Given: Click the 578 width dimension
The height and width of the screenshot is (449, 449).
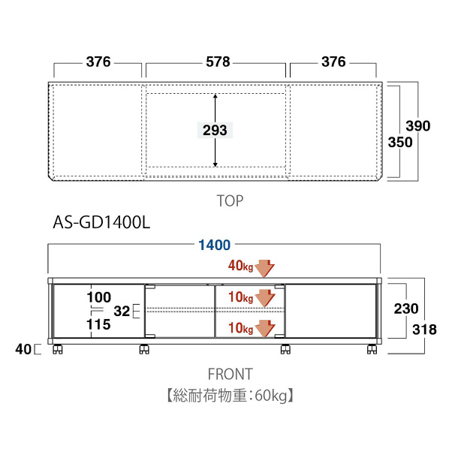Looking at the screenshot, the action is [x=218, y=62].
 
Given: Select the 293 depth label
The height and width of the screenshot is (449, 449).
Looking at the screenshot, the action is [x=215, y=131].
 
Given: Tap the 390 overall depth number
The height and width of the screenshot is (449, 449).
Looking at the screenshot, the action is [x=418, y=126].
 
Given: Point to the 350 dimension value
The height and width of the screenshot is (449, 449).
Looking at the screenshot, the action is [x=400, y=143].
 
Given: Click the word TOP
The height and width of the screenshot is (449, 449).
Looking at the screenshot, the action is [x=230, y=200].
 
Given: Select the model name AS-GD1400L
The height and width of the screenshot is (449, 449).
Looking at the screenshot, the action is [x=101, y=222].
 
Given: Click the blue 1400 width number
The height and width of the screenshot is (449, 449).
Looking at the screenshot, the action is [x=215, y=245].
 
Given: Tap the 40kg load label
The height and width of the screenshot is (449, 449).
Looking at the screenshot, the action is [x=240, y=266].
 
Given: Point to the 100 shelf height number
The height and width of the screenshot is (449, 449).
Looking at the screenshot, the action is [x=99, y=297].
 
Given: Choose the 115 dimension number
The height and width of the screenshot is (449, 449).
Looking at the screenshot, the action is [x=98, y=324].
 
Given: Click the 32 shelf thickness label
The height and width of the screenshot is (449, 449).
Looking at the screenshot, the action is [x=122, y=312].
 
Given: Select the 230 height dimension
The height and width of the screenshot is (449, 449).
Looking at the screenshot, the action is [x=406, y=309].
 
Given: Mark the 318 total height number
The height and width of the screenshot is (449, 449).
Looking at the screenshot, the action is [x=424, y=330].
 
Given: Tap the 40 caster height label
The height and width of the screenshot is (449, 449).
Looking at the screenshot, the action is [x=23, y=349].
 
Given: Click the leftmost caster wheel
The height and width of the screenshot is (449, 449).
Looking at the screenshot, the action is [x=58, y=349].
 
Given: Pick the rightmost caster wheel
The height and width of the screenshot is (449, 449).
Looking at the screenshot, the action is [x=372, y=349].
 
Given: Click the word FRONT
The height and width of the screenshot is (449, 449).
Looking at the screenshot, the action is [x=231, y=374].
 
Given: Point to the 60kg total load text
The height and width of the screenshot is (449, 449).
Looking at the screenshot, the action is [x=270, y=396].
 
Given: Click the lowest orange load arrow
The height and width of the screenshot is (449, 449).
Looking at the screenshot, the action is [x=265, y=328].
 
